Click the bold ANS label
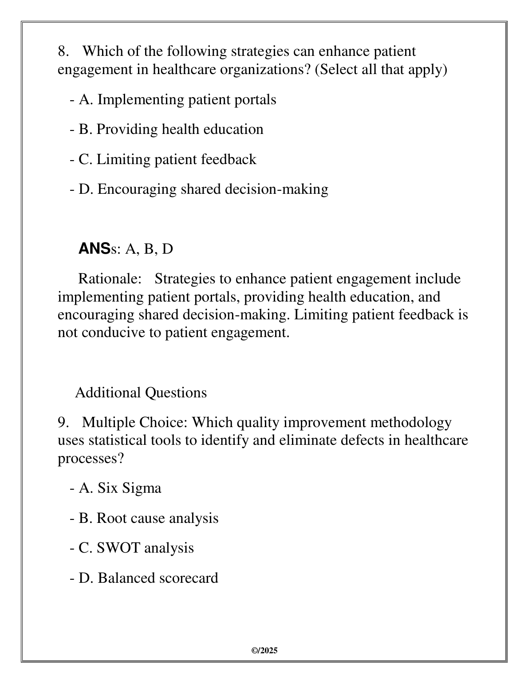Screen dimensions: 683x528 click(94, 249)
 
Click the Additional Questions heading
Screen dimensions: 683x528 click(141, 393)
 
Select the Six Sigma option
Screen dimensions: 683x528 click(119, 488)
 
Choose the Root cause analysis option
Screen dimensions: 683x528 click(148, 518)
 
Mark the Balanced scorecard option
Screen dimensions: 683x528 click(148, 578)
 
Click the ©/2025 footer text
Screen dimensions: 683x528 click(264, 651)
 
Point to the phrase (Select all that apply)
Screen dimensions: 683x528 click(381, 70)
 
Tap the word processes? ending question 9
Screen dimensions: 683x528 click(91, 458)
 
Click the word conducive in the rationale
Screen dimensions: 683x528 click(113, 333)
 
